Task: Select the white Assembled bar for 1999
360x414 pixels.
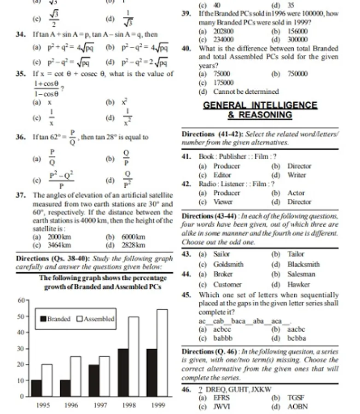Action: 163,352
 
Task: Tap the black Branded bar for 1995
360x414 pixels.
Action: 36,388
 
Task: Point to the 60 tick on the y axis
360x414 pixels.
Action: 21,300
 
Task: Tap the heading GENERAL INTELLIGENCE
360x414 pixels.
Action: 260,105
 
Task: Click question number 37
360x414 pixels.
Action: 20,195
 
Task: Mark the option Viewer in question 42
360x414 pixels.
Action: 223,202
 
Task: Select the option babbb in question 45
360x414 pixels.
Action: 223,338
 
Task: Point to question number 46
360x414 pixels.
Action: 187,389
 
